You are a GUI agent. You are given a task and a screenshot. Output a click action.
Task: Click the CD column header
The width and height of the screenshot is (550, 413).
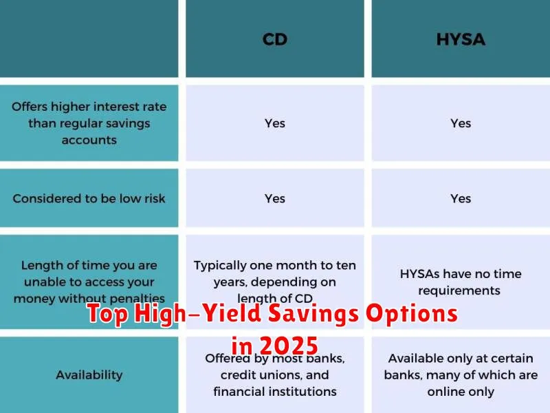tap(274, 39)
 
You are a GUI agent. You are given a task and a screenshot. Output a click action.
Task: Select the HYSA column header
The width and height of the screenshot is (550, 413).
tap(461, 39)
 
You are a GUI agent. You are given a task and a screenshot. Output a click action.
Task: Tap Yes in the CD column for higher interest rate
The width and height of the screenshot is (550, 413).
tap(274, 123)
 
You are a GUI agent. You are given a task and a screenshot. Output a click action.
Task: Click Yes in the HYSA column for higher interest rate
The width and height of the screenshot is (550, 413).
tap(461, 123)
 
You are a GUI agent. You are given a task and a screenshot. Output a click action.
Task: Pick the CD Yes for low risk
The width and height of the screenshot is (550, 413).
tap(274, 198)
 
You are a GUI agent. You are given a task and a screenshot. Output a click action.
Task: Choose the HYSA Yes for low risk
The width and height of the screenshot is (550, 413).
tap(461, 198)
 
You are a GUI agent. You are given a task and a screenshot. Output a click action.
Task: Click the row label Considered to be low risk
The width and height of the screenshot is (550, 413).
tap(89, 198)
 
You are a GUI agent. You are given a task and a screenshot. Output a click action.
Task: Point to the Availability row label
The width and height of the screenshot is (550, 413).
tap(89, 375)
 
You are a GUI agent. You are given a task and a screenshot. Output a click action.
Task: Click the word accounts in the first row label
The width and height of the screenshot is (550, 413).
tap(89, 140)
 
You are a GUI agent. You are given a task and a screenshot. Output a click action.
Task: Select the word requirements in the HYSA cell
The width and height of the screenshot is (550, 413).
tap(459, 290)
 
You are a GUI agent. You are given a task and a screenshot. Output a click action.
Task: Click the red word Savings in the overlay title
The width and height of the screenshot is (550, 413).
tap(313, 314)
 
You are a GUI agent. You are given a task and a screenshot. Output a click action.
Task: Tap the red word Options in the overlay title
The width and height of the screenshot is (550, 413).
tap(412, 314)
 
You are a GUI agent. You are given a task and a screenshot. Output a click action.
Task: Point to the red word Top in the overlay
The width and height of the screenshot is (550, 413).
tap(108, 314)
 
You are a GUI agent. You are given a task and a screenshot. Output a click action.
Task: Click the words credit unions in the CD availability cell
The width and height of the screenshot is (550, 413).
tap(261, 375)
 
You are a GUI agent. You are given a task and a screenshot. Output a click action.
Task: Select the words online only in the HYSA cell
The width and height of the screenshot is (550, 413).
tap(461, 392)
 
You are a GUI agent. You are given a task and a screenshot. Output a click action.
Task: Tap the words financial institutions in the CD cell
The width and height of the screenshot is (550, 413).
tap(274, 392)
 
